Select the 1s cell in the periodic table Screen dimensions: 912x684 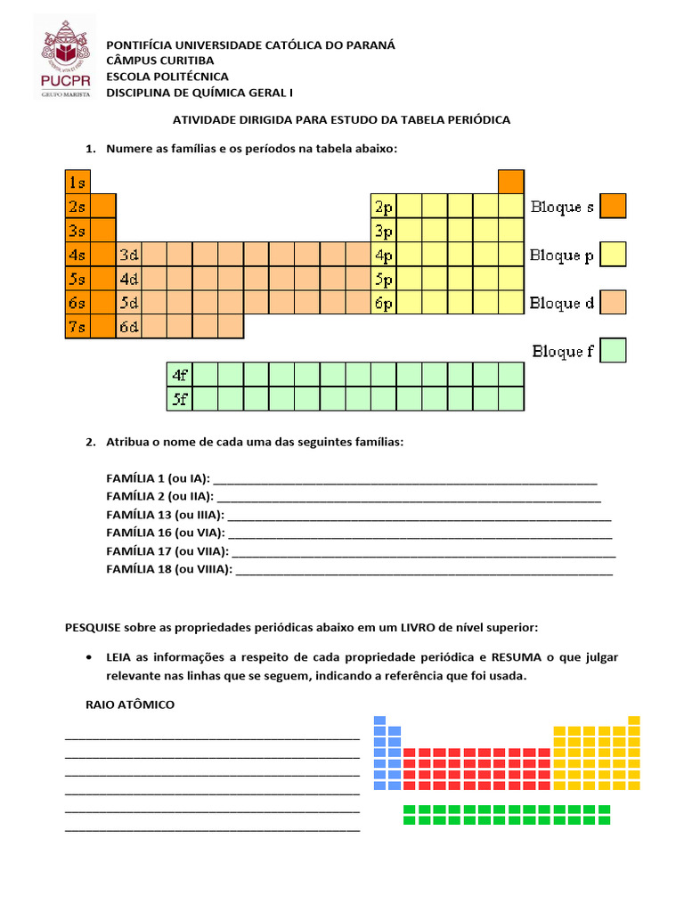point(77,182)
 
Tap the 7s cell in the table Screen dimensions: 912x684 point(77,327)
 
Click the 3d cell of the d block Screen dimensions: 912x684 point(129,255)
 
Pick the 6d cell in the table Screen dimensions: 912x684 point(129,327)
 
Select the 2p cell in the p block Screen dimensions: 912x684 point(384,207)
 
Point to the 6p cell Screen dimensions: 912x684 point(384,303)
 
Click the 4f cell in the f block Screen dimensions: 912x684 point(180,375)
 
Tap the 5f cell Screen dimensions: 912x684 point(180,399)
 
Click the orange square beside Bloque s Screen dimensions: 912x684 point(613,207)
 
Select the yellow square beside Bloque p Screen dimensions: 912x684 point(613,255)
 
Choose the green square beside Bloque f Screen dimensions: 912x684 point(613,350)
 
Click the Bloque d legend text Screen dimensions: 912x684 point(561,304)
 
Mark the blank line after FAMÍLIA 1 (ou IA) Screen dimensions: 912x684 point(405,480)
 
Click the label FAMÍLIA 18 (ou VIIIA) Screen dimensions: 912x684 point(168,568)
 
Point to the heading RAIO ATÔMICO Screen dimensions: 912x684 point(130,704)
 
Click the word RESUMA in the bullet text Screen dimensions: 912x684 point(517,657)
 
